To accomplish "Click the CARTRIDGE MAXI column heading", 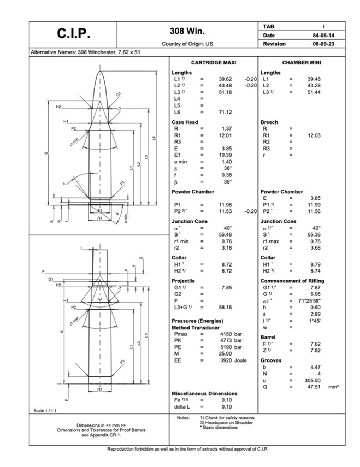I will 214,63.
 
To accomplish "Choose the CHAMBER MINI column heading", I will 302,63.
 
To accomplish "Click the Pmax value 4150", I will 227,334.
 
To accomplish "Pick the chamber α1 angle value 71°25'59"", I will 312,301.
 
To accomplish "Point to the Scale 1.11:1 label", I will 45,410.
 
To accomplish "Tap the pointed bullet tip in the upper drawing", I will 100,72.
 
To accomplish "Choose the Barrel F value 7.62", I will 315,344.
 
